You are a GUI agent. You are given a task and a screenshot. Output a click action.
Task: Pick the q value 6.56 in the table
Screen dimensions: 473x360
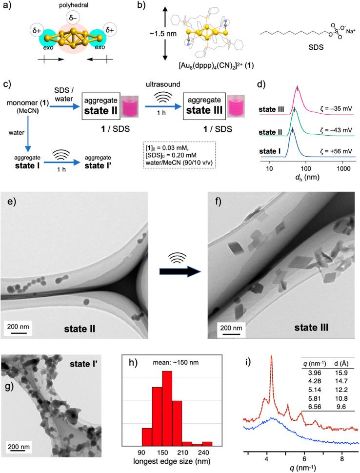click(x=309, y=405)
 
